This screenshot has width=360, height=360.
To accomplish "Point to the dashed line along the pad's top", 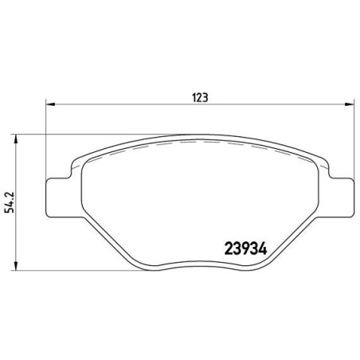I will pos(199,143).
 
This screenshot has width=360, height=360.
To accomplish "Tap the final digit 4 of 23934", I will pos(260,248).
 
